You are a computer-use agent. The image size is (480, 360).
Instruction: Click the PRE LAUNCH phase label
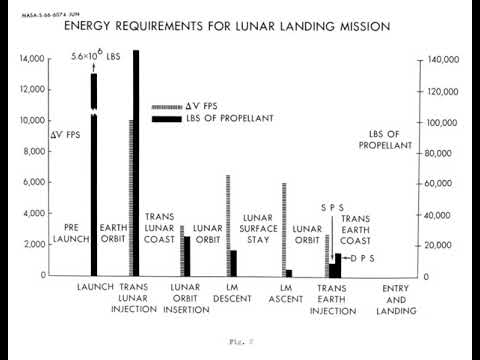[x=64, y=233]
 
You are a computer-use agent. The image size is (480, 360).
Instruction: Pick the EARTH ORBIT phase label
[x=113, y=233]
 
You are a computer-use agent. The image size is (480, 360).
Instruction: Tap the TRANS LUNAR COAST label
[x=160, y=228]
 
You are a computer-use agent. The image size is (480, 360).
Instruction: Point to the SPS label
[x=332, y=207]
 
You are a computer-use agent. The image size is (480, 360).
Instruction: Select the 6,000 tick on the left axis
[x=35, y=183]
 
